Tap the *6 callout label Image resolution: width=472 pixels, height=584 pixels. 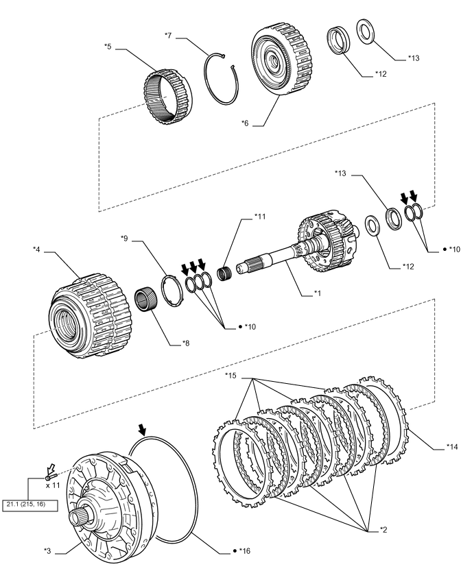point(245,123)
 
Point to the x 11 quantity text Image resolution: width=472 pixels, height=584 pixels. point(52,484)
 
